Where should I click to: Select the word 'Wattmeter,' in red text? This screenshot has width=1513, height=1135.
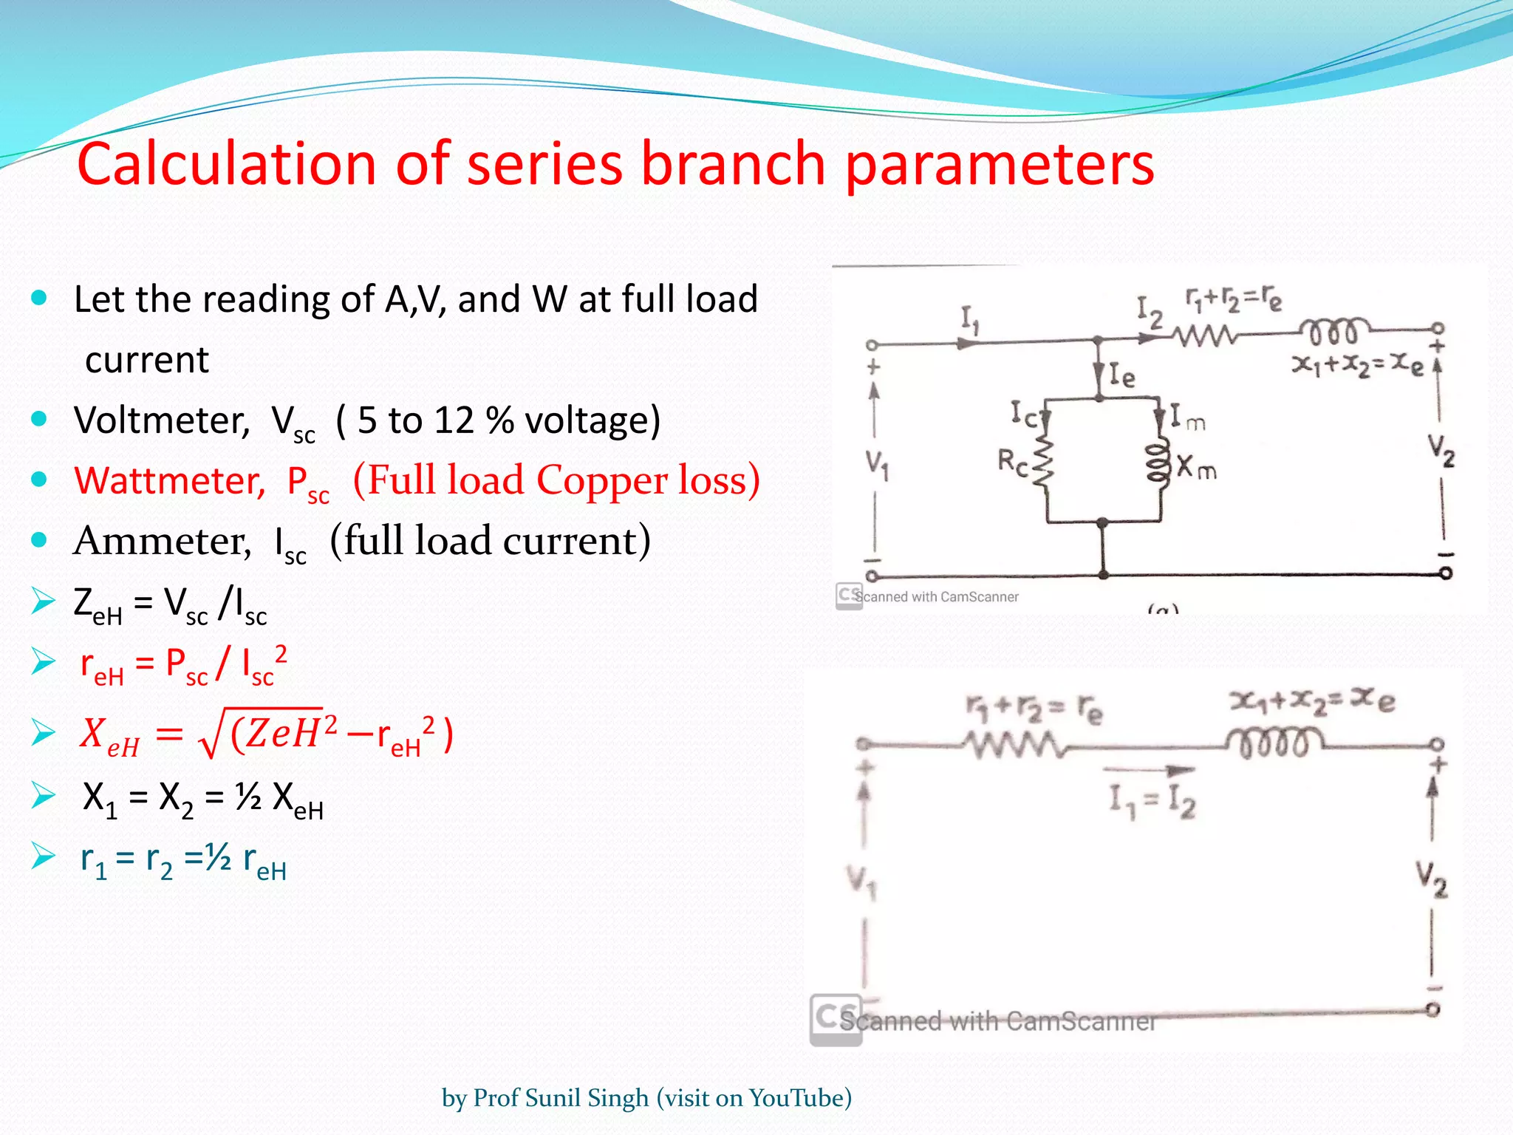point(169,481)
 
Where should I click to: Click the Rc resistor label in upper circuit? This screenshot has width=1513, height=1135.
point(1012,463)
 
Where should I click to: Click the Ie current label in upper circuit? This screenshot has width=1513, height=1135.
point(1121,376)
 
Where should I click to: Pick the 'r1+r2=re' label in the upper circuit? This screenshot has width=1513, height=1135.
point(1233,299)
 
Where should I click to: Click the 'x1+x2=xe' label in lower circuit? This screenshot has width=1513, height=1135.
point(1312,701)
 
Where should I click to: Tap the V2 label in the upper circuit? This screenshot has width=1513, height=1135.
point(1440,450)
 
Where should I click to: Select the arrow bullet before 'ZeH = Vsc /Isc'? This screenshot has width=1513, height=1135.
point(44,601)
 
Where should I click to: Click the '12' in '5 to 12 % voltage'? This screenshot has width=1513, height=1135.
point(454,420)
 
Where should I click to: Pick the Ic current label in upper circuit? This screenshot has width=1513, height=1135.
point(1024,414)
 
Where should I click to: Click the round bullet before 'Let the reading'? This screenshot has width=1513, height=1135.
point(39,299)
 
